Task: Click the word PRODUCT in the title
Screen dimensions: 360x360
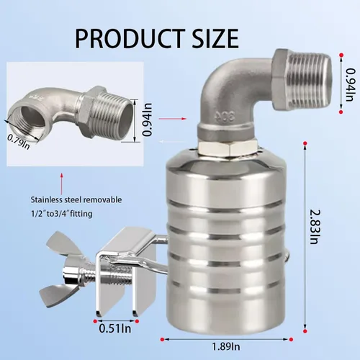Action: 130,38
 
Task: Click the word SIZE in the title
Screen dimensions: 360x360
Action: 215,38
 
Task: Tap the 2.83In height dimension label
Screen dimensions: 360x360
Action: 315,227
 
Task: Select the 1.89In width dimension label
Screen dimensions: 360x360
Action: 226,346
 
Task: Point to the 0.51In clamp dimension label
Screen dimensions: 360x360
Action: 115,328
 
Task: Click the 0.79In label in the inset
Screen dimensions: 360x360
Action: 19,141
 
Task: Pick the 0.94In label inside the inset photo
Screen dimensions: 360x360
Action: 148,120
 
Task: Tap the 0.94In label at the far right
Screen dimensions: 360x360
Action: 350,84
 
